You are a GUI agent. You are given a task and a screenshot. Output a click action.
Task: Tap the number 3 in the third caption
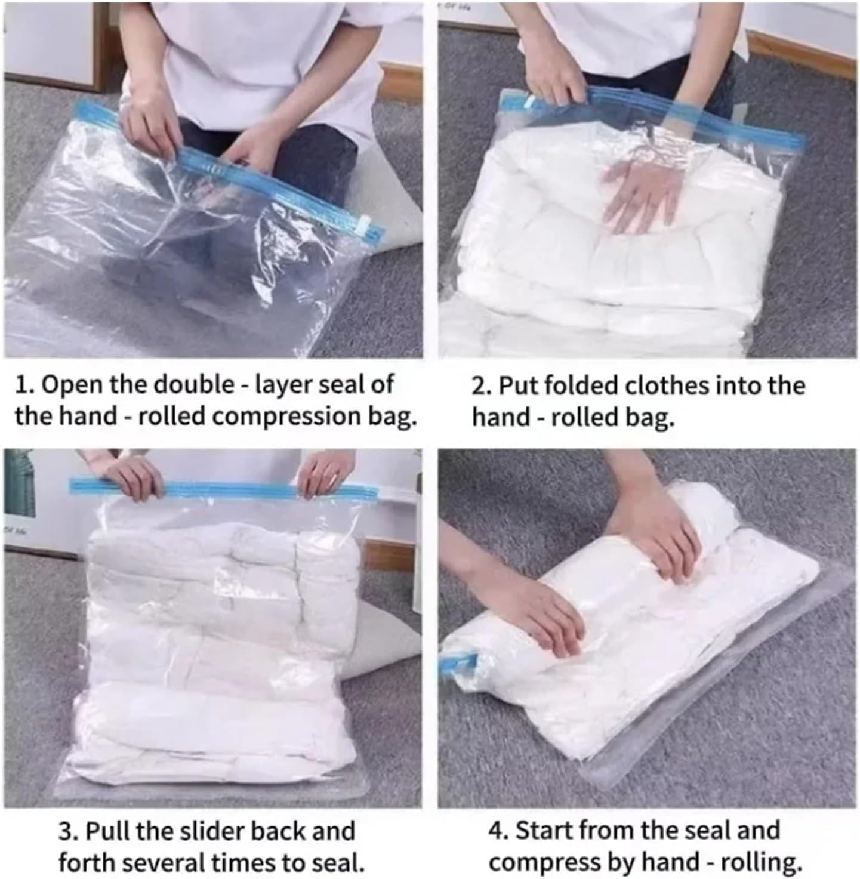[64, 831]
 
